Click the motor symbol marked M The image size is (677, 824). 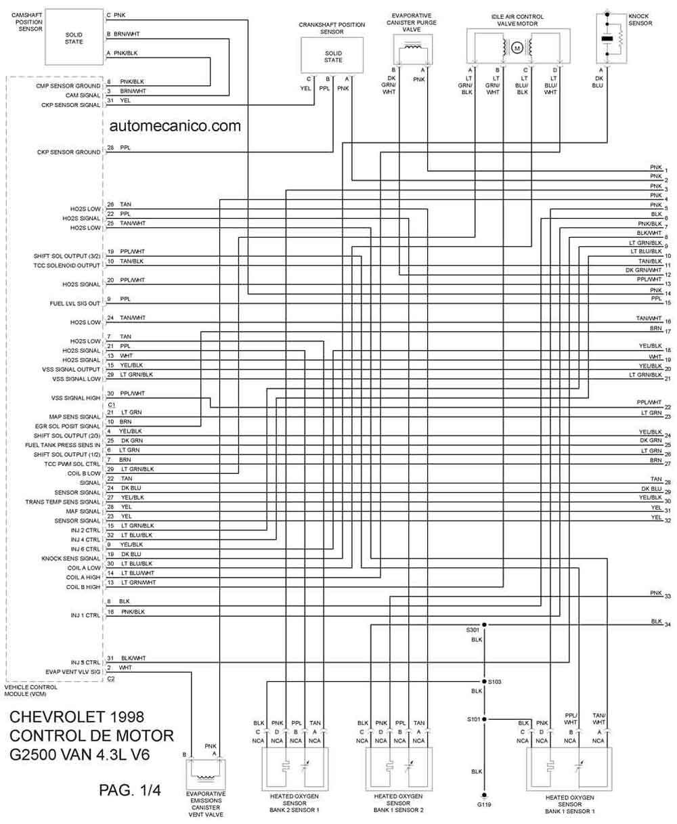(517, 48)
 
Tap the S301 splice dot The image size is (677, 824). (484, 625)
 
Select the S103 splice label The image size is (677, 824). (495, 682)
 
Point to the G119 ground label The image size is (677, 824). (484, 804)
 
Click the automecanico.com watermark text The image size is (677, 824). (175, 126)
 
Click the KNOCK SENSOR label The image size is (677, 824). (640, 20)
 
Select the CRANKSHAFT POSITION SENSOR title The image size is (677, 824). (332, 28)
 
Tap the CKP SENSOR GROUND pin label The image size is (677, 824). (69, 152)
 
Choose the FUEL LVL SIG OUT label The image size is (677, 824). (75, 303)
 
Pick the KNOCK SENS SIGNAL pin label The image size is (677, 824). (71, 559)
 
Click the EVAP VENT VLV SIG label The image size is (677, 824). (73, 672)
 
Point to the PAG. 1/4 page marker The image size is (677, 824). (130, 790)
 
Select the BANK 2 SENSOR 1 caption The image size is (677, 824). (294, 810)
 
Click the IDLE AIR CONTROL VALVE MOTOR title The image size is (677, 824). (517, 20)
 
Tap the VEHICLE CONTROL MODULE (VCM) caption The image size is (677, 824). (31, 691)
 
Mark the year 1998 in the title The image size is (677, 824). (127, 717)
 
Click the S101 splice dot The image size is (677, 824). (484, 719)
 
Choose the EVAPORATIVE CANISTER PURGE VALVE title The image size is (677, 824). (412, 22)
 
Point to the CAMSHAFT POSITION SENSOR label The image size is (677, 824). (27, 22)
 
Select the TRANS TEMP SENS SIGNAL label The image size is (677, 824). (63, 502)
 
